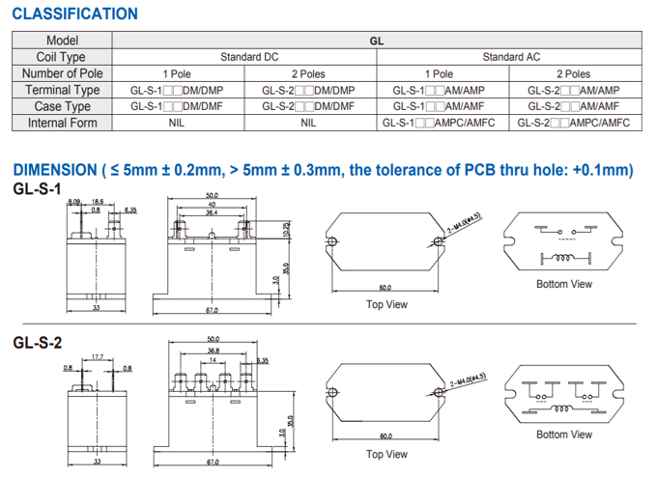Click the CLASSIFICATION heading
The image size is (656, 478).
75,14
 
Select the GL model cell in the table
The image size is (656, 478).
377,41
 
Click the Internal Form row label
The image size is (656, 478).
62,123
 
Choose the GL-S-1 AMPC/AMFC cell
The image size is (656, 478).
439,123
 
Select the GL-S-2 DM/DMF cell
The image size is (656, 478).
308,106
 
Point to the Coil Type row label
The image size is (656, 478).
62,57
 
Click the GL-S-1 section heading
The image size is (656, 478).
38,189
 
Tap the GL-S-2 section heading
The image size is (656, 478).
38,343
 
